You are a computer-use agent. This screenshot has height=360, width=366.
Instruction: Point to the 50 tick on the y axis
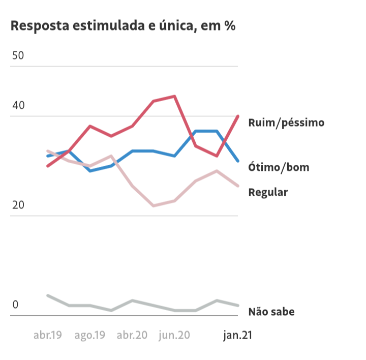[18, 55]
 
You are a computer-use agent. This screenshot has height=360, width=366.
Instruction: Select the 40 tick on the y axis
[18, 105]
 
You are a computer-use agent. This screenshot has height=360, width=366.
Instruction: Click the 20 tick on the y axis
[18, 205]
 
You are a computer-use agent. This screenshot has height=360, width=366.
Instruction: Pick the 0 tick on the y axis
[15, 305]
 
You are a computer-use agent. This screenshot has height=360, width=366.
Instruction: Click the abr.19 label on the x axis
[48, 335]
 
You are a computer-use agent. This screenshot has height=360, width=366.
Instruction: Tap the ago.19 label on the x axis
[90, 335]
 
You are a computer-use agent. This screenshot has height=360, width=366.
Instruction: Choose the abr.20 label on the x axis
[132, 335]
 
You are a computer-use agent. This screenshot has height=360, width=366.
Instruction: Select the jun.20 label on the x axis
[174, 335]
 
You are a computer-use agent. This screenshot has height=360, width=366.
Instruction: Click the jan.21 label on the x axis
[238, 335]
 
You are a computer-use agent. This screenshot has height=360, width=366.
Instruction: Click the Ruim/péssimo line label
[286, 123]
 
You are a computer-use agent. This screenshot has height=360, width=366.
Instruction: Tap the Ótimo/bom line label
[279, 167]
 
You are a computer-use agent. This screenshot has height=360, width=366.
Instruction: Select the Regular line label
[268, 192]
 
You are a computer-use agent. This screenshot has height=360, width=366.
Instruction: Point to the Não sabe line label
[271, 312]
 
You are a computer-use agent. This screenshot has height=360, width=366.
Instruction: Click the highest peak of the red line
[175, 96]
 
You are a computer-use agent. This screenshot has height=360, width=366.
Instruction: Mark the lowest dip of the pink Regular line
[154, 206]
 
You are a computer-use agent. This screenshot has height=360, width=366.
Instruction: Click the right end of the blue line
[238, 161]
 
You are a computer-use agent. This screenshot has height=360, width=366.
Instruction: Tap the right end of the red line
[238, 116]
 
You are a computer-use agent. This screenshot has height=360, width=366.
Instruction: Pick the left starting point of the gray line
[48, 295]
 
